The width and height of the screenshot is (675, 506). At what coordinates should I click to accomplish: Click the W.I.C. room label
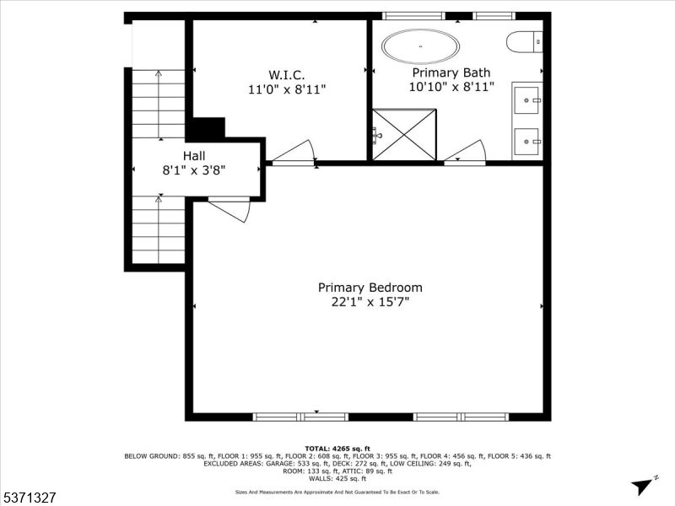click(x=286, y=74)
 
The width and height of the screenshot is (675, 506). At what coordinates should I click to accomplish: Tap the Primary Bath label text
click(x=451, y=73)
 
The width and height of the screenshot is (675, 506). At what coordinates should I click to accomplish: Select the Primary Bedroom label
click(x=370, y=288)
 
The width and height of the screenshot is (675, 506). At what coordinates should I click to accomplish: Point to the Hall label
click(x=194, y=156)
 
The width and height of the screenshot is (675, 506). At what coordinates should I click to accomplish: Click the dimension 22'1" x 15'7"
click(x=370, y=301)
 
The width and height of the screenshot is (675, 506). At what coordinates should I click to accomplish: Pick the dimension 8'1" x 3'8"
click(x=194, y=170)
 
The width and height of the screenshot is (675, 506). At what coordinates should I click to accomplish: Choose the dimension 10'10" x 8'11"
click(x=451, y=86)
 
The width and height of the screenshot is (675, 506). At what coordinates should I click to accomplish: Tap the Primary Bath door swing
click(x=467, y=152)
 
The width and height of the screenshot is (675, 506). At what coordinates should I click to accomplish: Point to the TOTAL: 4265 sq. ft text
click(x=337, y=448)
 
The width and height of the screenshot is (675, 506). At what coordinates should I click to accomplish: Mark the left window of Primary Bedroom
click(x=301, y=417)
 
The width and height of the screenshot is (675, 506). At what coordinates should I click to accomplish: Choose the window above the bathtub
click(x=413, y=15)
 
